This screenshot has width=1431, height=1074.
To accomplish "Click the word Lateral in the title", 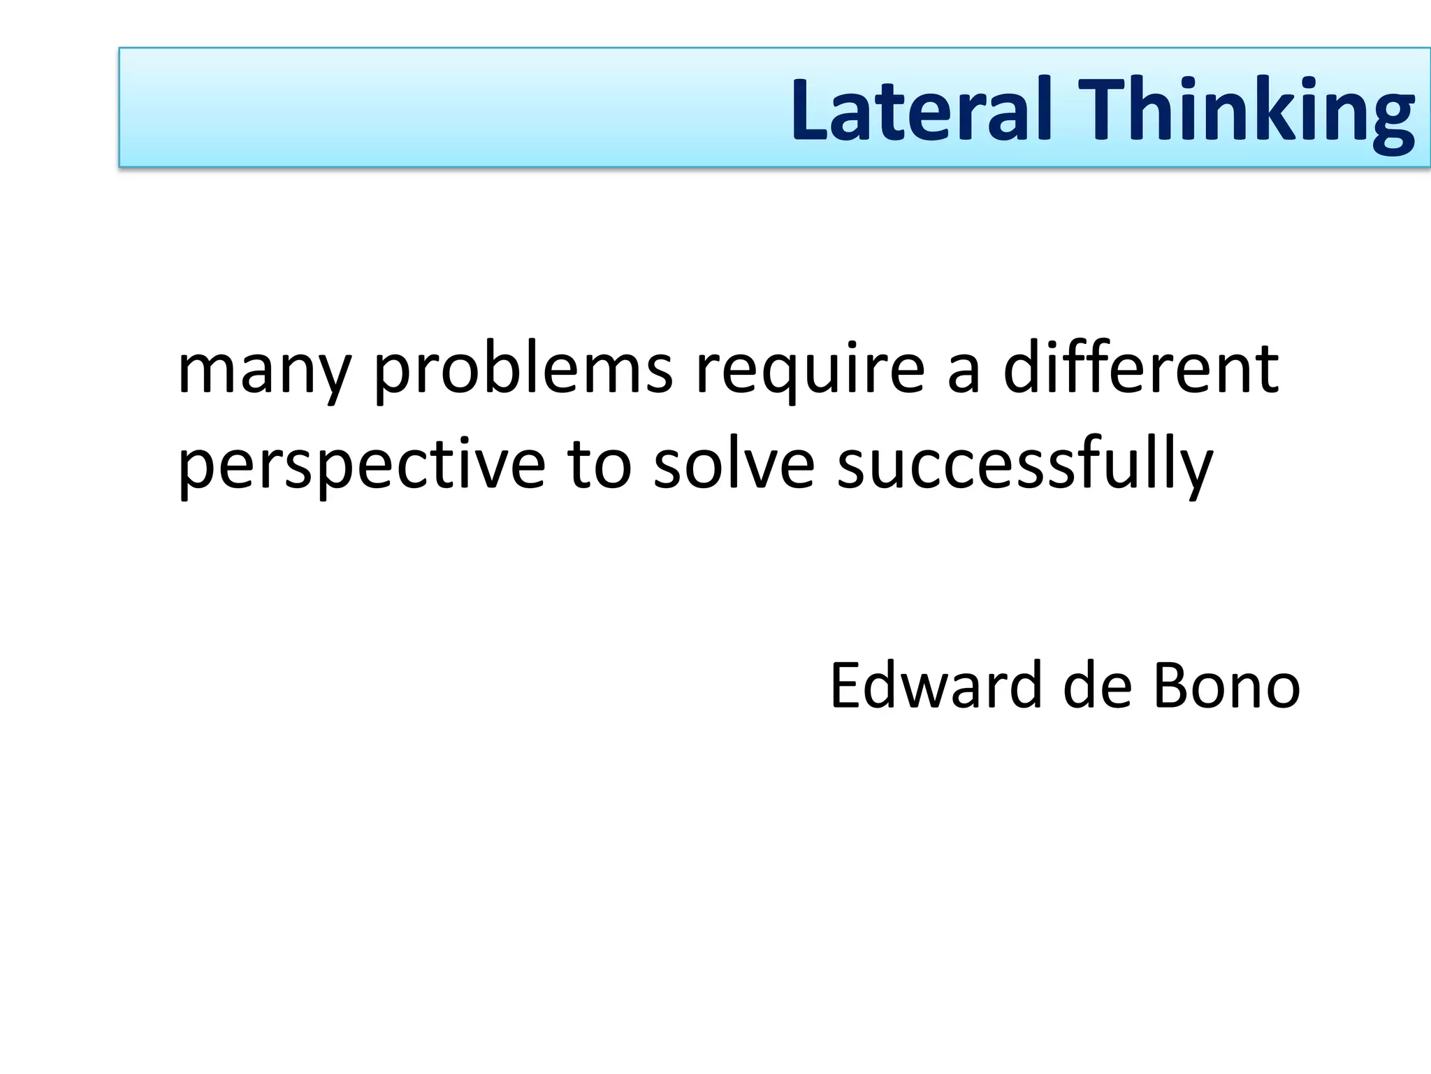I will pos(921,110).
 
